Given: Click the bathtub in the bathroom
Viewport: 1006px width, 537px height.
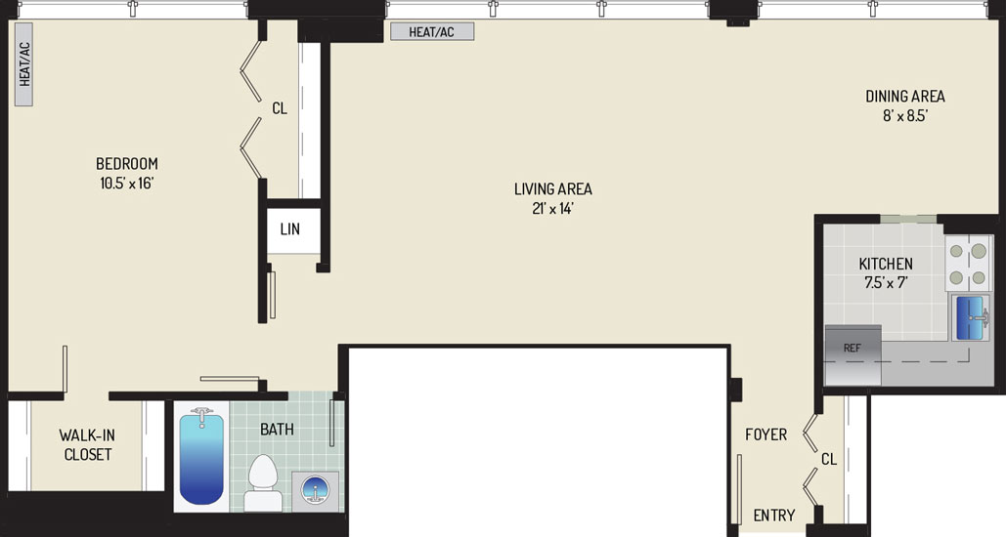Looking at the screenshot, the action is click(x=201, y=457).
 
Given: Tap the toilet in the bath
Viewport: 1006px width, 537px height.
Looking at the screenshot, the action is click(x=262, y=483).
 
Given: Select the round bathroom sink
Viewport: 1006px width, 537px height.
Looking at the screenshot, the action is click(x=316, y=491).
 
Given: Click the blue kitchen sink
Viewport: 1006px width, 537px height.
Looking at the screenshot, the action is click(x=970, y=317).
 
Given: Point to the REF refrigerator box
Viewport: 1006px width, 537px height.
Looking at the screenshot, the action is click(x=853, y=354).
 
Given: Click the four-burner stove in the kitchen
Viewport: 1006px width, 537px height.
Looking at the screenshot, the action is click(x=968, y=264).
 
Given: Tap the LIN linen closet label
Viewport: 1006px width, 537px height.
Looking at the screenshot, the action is click(x=290, y=228).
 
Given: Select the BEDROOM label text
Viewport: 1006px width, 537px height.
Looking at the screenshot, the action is click(x=127, y=163).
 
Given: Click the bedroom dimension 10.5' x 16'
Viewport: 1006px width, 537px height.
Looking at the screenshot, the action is click(x=127, y=184).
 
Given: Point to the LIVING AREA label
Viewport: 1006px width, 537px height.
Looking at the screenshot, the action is click(x=553, y=189).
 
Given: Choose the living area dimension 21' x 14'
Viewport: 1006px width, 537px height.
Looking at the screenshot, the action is click(x=553, y=208).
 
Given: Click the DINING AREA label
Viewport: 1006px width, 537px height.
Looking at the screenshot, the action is click(x=905, y=96).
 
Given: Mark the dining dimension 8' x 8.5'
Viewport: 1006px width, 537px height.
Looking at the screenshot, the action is click(x=905, y=116).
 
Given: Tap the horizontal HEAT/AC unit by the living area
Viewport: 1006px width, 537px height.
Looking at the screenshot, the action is click(x=432, y=31).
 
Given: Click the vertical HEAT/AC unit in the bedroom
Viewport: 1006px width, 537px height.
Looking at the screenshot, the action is click(x=23, y=64).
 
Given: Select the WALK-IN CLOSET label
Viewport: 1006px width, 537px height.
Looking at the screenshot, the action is click(x=87, y=444).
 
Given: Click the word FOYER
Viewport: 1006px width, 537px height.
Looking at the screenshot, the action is click(x=766, y=434).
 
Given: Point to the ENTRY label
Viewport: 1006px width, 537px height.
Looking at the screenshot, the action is click(x=774, y=516).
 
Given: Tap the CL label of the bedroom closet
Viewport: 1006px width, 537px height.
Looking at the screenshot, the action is click(x=280, y=109).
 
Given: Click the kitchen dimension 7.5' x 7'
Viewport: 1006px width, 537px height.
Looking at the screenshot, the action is click(x=886, y=282).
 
